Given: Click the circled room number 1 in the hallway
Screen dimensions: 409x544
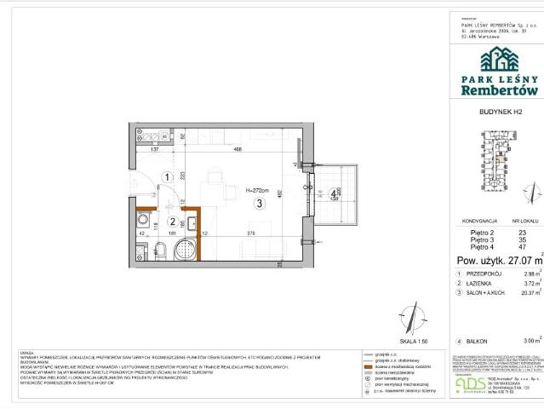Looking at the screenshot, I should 169,177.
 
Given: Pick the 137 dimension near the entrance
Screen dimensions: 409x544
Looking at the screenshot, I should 156,149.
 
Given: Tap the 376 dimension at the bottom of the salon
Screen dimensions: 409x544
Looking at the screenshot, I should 250,231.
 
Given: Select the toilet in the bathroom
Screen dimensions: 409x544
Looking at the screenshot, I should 181,252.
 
